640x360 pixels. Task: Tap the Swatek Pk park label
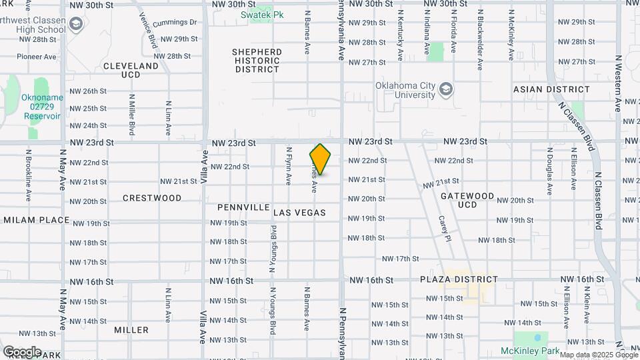pos(253,14)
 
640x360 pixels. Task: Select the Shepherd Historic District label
pos(257,60)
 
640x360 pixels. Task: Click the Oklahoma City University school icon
pos(446,89)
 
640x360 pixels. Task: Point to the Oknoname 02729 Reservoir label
pos(42,106)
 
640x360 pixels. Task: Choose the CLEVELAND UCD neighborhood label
pos(131,71)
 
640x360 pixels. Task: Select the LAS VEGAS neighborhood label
pos(299,213)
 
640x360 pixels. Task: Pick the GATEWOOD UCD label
pos(467,200)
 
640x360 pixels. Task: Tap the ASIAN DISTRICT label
pos(551,89)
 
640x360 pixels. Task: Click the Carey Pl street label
pos(442,228)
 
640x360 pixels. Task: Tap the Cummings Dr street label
pos(175,23)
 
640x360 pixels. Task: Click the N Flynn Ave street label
pos(289,166)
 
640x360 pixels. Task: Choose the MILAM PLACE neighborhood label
pos(37,220)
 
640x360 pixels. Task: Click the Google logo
pos(22,351)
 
